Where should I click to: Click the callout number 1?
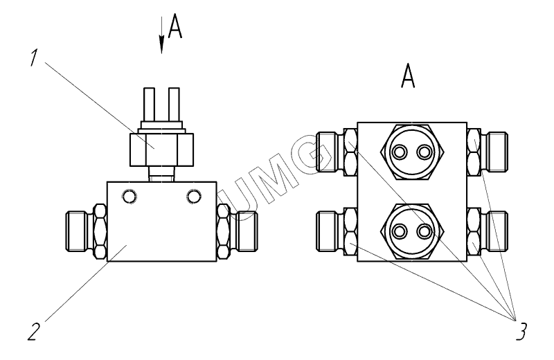33,57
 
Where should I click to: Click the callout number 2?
33,332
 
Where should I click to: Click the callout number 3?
521,332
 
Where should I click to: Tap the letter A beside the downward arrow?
175,27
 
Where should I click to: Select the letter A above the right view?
408,75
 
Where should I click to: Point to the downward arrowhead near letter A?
161,44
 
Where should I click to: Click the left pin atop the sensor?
149,105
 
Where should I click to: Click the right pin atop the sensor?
175,105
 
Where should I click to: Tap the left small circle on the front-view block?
129,196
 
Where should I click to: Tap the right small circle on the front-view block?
194,196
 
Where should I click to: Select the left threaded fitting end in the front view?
76,231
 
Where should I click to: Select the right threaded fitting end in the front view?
247,231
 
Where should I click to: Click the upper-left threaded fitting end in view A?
326,152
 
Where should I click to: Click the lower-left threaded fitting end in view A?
326,231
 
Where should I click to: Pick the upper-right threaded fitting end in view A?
497,152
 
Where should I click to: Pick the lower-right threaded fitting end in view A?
497,231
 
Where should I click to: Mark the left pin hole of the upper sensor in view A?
400,152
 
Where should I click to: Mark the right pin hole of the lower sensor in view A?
424,231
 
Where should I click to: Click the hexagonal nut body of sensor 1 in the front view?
162,150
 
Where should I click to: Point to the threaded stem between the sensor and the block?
161,174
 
